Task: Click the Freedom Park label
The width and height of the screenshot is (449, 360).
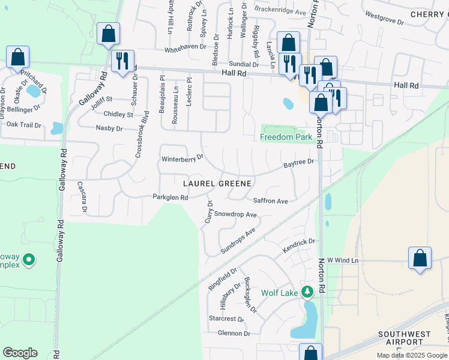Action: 286,137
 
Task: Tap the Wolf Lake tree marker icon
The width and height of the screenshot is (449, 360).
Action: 307,293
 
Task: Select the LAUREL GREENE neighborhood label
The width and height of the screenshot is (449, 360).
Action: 217,182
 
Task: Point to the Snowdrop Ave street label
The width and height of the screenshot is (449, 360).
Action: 235,214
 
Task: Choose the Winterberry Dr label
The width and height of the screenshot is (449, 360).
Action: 182,159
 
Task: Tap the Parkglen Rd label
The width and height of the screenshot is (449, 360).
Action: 170,197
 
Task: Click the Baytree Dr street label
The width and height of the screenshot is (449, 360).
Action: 298,163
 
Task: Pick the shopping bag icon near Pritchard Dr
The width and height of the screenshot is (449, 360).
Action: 18,58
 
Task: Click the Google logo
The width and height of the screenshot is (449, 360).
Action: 20,353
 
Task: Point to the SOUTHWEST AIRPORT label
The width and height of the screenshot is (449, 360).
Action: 405,338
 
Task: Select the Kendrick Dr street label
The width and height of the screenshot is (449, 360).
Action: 300,242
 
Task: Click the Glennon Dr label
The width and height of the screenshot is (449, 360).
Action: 234,333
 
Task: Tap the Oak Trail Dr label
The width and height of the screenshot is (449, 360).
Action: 23,125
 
